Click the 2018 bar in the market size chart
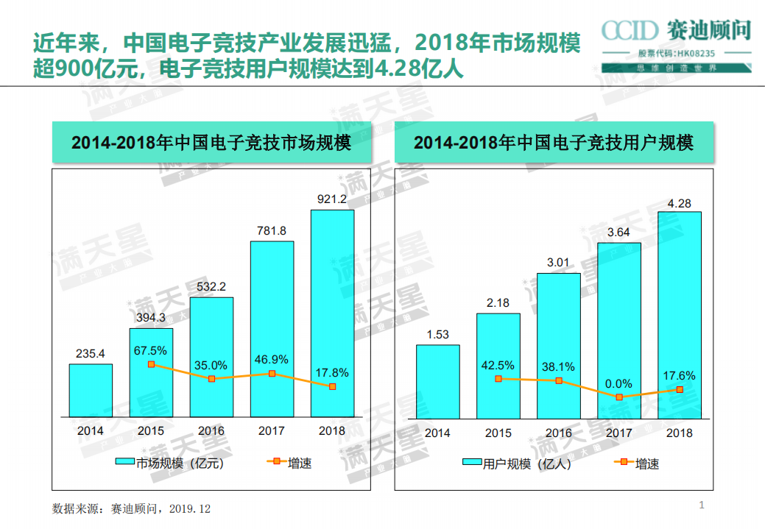point(332,313)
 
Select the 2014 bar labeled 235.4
point(91,390)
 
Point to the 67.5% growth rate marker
point(151,364)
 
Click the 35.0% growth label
point(211,365)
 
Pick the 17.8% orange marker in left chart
point(332,386)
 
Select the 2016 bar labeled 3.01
point(558,346)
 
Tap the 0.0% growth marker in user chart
point(618,397)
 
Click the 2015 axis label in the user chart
point(498,433)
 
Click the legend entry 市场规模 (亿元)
point(169,463)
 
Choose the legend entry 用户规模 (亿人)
point(516,464)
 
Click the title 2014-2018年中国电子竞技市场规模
point(211,143)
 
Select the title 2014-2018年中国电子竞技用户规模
point(554,143)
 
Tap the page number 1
point(702,505)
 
